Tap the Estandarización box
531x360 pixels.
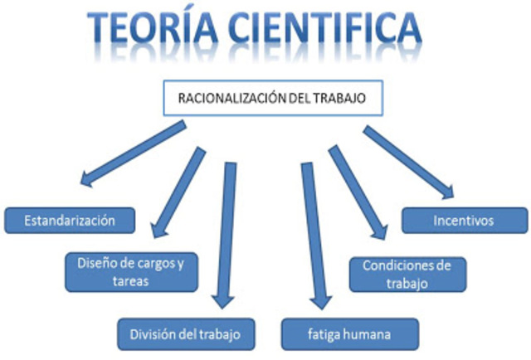point(70,221)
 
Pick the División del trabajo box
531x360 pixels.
point(185,334)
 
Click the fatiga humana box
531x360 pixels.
point(348,334)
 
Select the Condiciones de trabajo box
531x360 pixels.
point(407,274)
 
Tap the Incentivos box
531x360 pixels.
point(464,221)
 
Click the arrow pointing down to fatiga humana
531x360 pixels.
point(314,235)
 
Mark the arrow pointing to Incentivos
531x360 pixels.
point(407,161)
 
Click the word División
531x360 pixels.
point(150,334)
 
